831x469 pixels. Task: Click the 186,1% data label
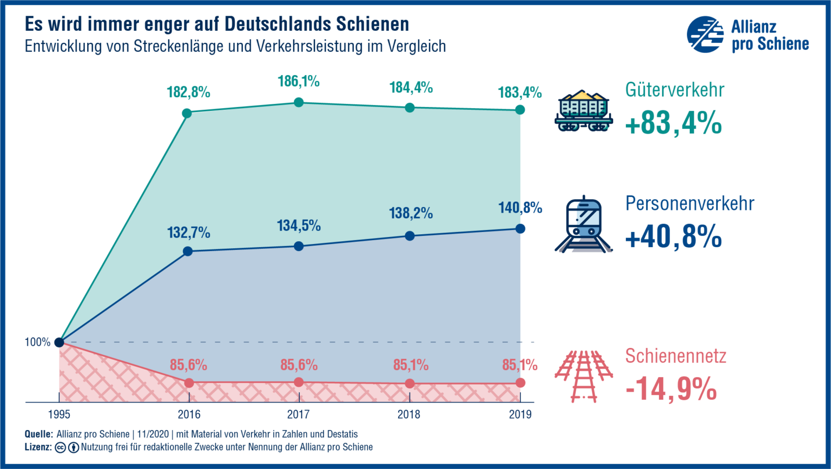pyautogui.click(x=299, y=82)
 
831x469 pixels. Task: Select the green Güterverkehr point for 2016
pyautogui.click(x=187, y=113)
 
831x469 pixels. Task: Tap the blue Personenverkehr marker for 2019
pyautogui.click(x=520, y=229)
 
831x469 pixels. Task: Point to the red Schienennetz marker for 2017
pyautogui.click(x=299, y=382)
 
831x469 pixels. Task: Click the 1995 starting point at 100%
pyautogui.click(x=59, y=342)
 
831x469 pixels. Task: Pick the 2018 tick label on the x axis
pyautogui.click(x=408, y=415)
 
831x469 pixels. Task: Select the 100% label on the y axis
pyautogui.click(x=37, y=342)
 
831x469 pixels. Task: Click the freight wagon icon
pyautogui.click(x=583, y=111)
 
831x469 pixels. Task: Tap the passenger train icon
pyautogui.click(x=583, y=224)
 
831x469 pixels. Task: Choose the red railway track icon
pyautogui.click(x=583, y=376)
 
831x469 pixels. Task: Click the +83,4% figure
pyautogui.click(x=673, y=123)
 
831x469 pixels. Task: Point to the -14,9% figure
pyautogui.click(x=671, y=389)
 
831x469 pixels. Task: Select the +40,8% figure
pyautogui.click(x=673, y=236)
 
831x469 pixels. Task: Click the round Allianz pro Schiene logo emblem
pyautogui.click(x=705, y=35)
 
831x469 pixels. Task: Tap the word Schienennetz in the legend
pyautogui.click(x=676, y=356)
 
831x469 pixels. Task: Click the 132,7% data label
pyautogui.click(x=188, y=233)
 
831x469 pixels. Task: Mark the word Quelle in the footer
pyautogui.click(x=39, y=434)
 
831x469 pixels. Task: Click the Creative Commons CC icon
pyautogui.click(x=61, y=447)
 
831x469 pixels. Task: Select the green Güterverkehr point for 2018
pyautogui.click(x=410, y=108)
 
